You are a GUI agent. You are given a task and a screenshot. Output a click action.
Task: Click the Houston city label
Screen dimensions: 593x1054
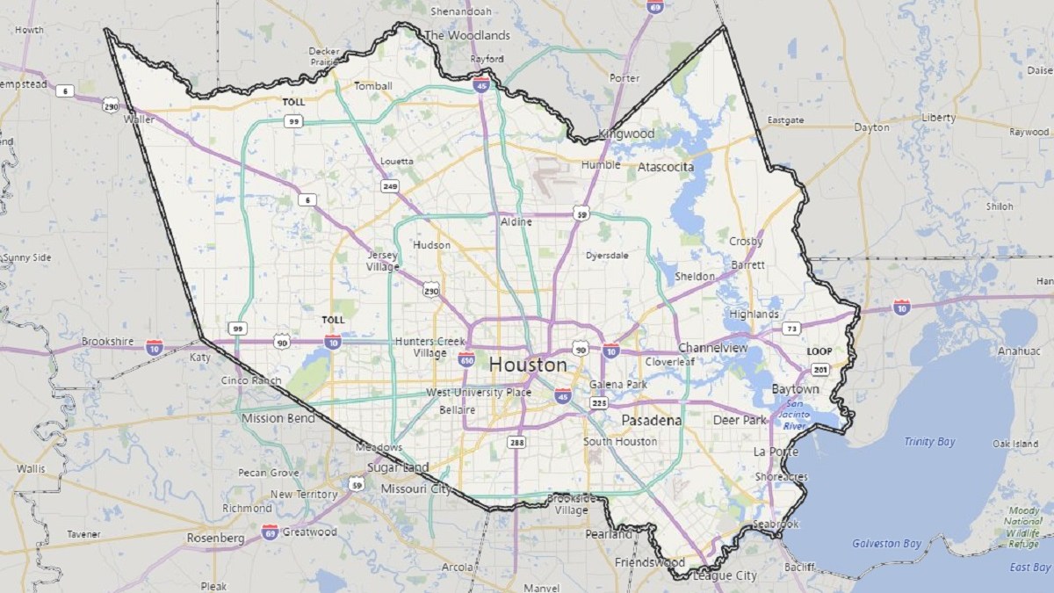point(527,364)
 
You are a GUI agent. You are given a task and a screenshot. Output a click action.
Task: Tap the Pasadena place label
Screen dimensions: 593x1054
point(651,421)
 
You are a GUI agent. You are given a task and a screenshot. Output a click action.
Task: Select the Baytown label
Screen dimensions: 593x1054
point(795,388)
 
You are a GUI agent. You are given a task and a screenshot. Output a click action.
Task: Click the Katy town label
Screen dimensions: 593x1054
point(200,358)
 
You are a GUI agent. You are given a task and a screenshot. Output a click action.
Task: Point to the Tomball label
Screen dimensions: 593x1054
point(372,86)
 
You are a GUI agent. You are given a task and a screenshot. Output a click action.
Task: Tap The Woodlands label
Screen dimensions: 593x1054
point(466,35)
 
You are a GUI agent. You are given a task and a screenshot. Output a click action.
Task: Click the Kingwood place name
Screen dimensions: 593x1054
point(626,134)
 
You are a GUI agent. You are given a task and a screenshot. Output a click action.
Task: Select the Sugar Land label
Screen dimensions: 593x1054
point(398,467)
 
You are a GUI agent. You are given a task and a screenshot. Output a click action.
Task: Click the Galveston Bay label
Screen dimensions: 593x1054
point(887,544)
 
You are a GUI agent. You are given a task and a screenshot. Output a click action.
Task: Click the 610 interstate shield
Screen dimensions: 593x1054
point(466,358)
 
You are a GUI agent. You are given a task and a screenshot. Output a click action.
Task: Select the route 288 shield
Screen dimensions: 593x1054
point(516,442)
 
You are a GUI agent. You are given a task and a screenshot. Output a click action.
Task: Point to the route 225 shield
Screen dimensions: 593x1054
point(599,402)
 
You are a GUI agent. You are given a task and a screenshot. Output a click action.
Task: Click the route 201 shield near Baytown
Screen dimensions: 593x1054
point(820,369)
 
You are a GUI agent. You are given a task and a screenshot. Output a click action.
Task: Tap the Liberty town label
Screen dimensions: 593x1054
point(938,117)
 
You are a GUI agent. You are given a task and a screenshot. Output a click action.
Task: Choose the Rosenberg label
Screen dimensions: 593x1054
point(214,538)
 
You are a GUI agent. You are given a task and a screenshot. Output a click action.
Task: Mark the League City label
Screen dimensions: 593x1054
point(725,576)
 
